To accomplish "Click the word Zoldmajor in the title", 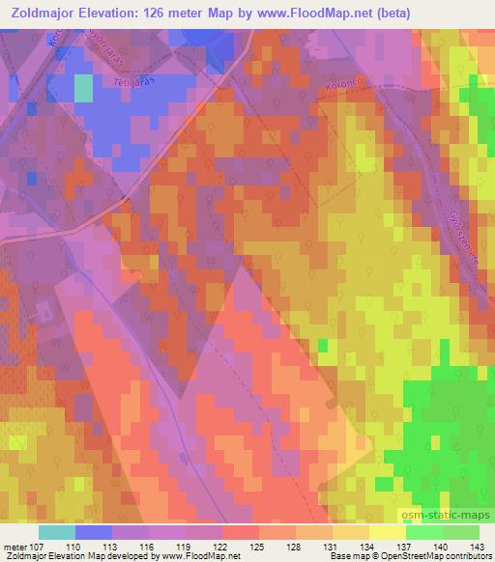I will click(44, 14).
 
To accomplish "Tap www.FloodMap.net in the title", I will click(312, 14).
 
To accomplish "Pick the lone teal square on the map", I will click(84, 88).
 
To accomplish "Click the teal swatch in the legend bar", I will click(57, 531).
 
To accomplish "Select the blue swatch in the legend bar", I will click(94, 531).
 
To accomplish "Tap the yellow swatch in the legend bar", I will click(387, 531).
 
